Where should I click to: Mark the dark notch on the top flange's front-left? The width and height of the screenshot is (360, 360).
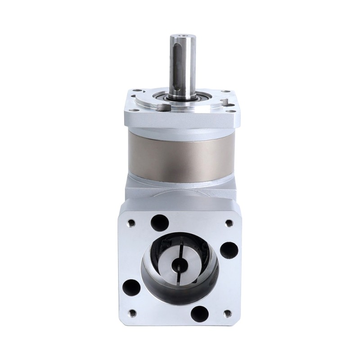coord(161,108)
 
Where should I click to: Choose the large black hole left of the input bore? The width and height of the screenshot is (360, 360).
coord(130,285)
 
